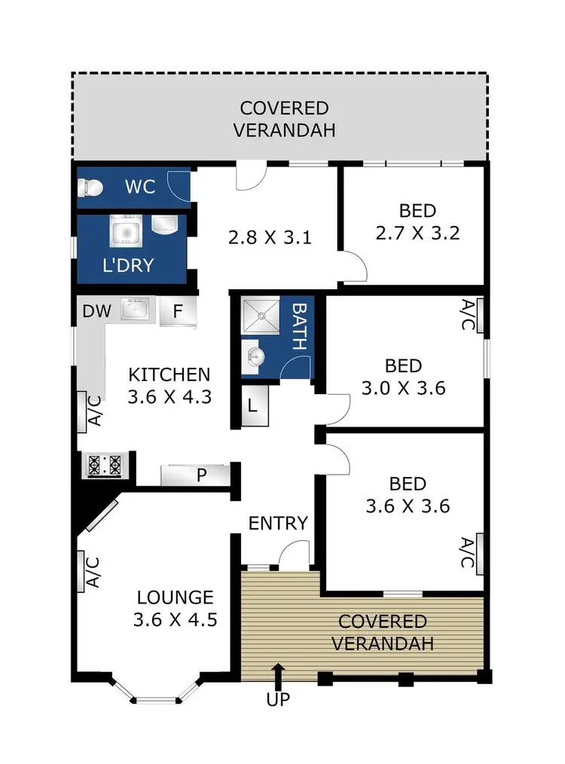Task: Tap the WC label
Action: coord(140,186)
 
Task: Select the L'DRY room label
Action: coord(128,264)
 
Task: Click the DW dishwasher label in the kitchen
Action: coord(93,310)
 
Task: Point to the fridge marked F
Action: coord(178,310)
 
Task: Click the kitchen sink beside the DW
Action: coord(136,309)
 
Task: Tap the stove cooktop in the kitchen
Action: coord(105,464)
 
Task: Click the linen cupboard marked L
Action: coord(253,405)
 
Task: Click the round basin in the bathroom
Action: coord(253,356)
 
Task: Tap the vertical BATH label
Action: coord(298,327)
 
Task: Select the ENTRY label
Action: coord(278,523)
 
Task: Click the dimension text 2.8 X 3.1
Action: coord(270,238)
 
